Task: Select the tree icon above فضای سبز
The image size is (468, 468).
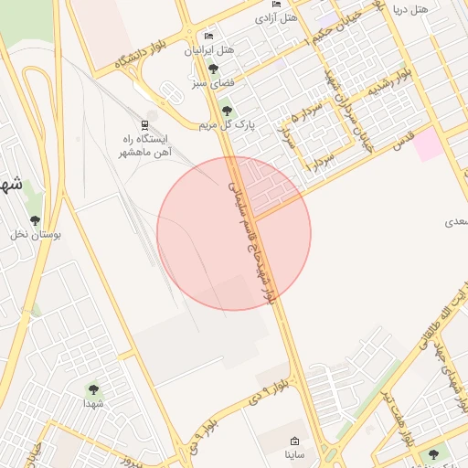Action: click(213, 69)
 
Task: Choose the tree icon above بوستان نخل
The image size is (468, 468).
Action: click(35, 220)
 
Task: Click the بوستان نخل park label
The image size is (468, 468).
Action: click(35, 235)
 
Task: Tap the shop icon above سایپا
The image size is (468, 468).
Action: click(293, 440)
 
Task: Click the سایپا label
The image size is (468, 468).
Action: click(293, 453)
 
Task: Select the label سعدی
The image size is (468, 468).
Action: click(454, 222)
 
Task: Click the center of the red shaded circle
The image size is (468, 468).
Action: click(234, 234)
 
